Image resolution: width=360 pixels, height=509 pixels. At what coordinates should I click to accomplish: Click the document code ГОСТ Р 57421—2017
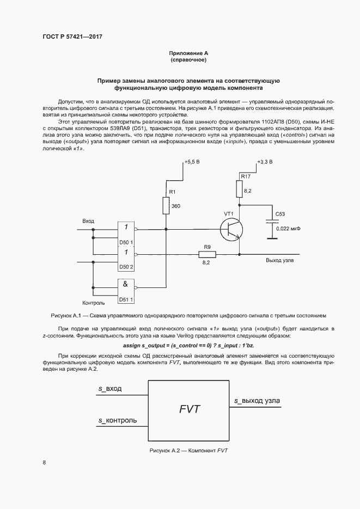point(72,37)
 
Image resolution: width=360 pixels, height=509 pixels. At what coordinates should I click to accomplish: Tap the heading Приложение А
point(188,53)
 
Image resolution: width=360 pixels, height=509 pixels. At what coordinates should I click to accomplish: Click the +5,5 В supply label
point(192,162)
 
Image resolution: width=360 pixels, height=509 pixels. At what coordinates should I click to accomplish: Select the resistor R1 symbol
point(166,206)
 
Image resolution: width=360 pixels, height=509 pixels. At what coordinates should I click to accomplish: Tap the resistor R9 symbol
point(207,254)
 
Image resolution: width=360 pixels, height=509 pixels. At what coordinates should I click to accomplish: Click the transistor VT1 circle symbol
point(232,229)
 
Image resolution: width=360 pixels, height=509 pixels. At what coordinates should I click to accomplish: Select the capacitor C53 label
point(280,214)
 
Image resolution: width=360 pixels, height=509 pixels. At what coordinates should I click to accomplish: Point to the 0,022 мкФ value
point(288,229)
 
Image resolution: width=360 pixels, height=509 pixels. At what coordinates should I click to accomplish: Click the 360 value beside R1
point(176,207)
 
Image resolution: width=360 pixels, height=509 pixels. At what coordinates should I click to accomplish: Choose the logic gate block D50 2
point(126,258)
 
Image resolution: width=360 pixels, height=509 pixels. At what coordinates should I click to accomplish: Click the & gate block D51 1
point(126,290)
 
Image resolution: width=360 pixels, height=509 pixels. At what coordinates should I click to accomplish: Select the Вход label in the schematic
point(88,221)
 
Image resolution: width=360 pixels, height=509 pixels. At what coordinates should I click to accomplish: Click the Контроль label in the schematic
point(93,303)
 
